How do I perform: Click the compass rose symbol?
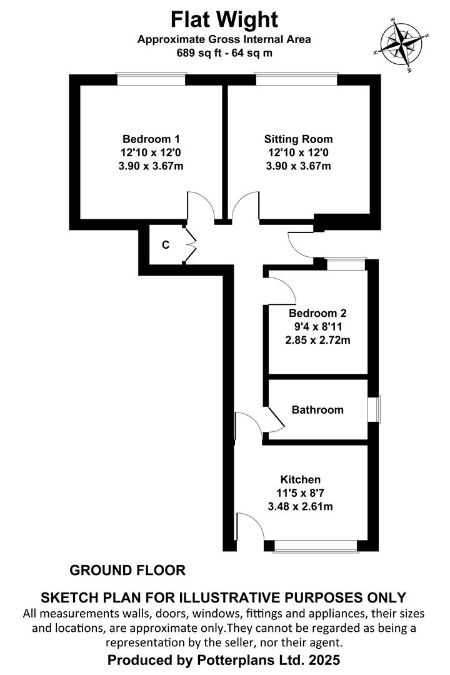point(402,44)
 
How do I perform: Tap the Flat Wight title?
point(224,20)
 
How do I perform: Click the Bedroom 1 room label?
point(151,139)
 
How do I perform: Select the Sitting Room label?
point(298,139)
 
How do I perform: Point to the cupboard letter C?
point(166,245)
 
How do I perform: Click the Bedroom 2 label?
point(317,313)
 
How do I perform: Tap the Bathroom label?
point(317,409)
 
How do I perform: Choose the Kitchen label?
point(300,479)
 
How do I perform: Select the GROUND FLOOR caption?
point(127,571)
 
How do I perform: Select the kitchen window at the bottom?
point(316,546)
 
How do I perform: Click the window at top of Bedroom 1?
point(151,79)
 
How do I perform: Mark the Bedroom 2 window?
point(346,264)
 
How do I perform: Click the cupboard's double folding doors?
point(190,245)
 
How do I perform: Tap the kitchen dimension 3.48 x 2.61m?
point(300,506)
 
